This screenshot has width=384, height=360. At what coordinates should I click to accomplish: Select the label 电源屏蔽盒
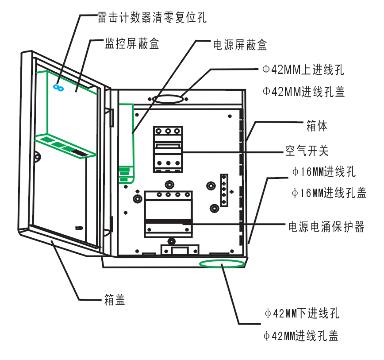(240, 45)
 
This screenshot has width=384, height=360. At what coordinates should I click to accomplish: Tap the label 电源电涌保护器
(326, 227)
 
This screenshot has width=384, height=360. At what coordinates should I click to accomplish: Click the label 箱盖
(115, 300)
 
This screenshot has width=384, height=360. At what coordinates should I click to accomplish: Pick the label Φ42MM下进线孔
(302, 314)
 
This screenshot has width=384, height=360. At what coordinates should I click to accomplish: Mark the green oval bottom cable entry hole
(222, 263)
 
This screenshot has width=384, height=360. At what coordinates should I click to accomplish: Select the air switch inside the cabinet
(168, 149)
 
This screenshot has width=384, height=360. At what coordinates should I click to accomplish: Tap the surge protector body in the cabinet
(168, 213)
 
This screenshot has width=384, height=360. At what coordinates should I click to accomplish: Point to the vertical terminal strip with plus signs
(224, 190)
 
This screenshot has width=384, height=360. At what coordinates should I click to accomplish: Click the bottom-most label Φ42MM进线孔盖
(301, 336)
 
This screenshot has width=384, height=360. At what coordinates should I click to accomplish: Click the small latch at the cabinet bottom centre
(179, 250)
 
